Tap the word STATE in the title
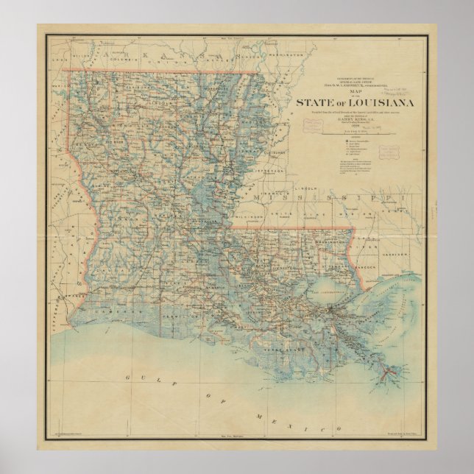[313, 102]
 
